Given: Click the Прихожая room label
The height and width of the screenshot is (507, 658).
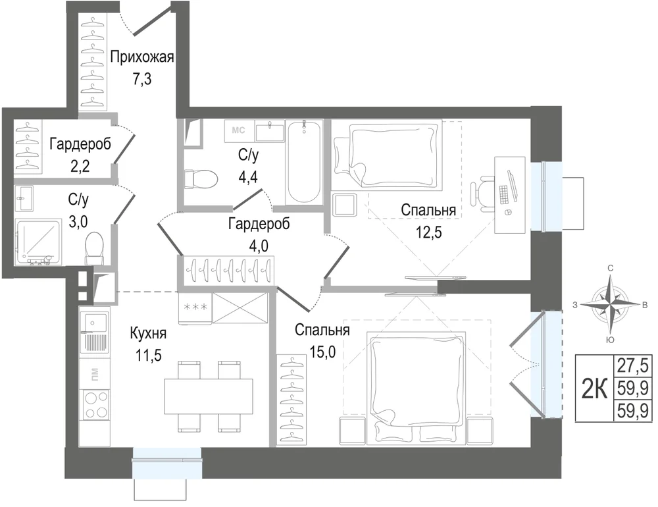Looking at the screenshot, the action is pos(142,57).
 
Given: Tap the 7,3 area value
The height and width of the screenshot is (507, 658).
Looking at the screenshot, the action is pos(142,78).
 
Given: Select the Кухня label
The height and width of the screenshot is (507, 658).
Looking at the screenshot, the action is pos(148,334).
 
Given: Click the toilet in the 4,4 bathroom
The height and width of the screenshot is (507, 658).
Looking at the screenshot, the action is pos(201,180).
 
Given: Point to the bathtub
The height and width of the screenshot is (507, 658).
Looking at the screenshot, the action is pos(305,162).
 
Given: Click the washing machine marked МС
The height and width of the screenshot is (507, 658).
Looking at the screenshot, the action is pos(238,130).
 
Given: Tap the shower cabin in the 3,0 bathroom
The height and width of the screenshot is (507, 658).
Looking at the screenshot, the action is pos(39,242).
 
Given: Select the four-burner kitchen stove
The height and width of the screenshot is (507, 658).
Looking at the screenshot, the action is pos(97,404).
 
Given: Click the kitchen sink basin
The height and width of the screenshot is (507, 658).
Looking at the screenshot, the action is pos(97,323).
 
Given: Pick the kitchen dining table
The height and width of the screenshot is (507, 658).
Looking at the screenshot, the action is pos(208,396).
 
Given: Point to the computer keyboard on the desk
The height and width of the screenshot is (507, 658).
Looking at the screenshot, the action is pos(503,193).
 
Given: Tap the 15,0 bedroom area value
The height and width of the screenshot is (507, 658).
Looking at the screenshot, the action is pos(322,352).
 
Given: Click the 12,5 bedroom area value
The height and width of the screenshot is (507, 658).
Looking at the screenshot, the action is pos(428,232).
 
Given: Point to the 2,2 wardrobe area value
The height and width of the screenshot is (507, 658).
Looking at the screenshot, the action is pos(80,167).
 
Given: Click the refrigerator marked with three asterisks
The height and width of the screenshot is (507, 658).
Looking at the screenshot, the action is pos(195,309).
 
